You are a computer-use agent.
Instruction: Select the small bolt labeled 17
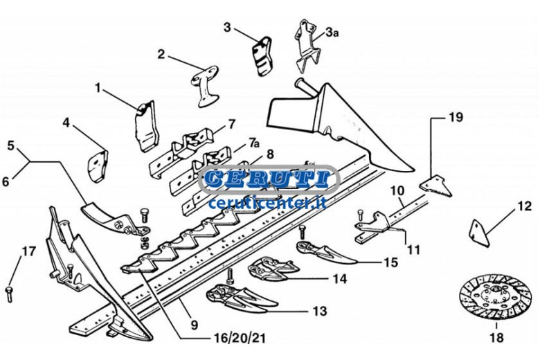pos(9,294)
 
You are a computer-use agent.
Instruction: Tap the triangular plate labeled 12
pos(479,233)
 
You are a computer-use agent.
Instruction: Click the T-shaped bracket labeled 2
pos(204,85)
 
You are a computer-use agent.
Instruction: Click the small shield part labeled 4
pos(97,165)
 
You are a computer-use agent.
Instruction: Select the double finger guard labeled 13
pos(241,298)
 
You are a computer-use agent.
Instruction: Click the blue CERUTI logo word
pos(267,178)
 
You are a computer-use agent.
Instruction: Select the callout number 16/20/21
pos(240,339)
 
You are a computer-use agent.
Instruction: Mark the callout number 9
pos(195,324)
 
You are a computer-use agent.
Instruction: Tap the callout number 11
pos(413,249)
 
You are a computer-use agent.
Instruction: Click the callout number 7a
pos(253,142)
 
